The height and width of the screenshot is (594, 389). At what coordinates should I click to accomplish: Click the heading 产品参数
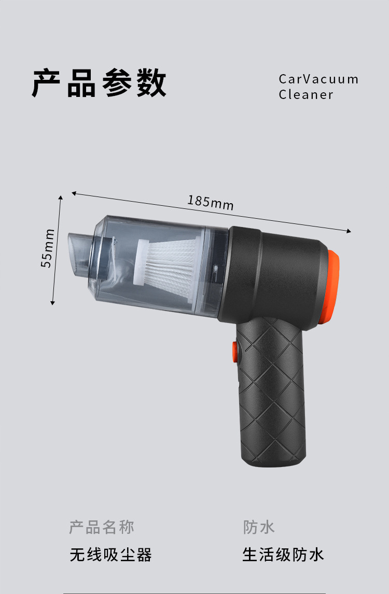coord(99,83)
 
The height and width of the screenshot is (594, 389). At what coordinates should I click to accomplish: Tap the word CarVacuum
coord(318,79)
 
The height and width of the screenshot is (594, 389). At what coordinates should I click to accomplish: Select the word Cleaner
coord(305,95)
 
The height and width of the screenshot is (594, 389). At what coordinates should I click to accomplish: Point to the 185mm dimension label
coord(211,202)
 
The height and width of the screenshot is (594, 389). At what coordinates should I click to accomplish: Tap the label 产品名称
coord(102,528)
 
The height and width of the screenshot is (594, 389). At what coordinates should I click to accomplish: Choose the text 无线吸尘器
coord(111,555)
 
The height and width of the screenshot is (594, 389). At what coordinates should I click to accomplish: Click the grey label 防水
coord(259,528)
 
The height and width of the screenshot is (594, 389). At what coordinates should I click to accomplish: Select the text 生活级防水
coord(283,555)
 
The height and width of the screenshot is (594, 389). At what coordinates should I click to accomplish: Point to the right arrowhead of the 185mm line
coord(349,231)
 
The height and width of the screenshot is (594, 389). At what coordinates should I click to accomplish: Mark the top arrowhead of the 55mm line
coord(61,198)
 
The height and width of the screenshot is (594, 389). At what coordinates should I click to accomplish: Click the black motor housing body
coord(280,275)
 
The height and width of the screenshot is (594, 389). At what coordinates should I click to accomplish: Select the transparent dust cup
coord(150,264)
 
